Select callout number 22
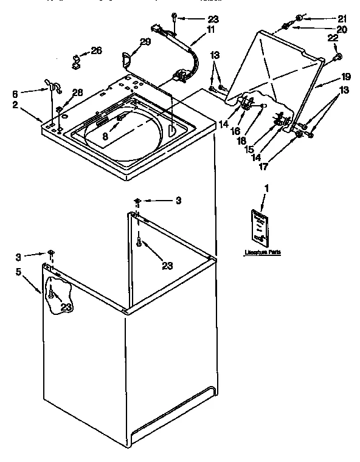pyautogui.click(x=333, y=38)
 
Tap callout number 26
pyautogui.click(x=96, y=50)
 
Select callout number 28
pyautogui.click(x=77, y=92)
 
